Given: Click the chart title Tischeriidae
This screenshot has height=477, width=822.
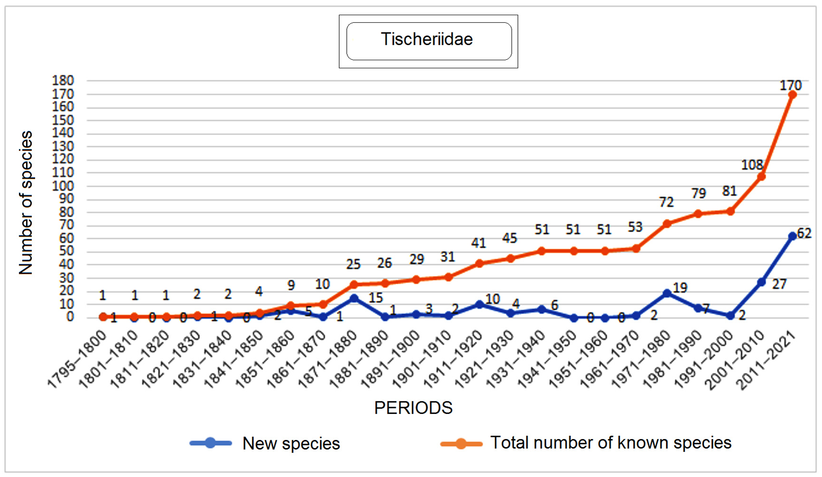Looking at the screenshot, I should [427, 39].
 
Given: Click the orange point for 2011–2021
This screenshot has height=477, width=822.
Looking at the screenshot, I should [792, 95].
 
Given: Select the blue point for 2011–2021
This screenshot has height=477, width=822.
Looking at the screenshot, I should [792, 236].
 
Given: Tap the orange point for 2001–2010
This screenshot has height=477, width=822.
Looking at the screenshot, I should [761, 177].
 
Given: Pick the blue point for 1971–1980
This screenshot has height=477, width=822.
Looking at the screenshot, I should [667, 293].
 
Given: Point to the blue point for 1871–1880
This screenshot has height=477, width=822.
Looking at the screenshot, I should [354, 298].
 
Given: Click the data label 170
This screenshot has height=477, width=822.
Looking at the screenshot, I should [790, 85].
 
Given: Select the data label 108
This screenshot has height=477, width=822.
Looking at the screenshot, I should [752, 165].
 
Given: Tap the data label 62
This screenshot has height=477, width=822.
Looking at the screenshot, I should [804, 233].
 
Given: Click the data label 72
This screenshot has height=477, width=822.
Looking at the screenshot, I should [666, 202].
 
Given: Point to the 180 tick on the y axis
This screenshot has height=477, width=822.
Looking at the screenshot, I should [63, 81].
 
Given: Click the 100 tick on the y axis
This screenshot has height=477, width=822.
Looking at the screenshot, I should [63, 186].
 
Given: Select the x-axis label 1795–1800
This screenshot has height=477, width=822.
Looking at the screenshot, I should [77, 360].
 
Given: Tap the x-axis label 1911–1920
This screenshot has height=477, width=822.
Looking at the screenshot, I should [452, 360].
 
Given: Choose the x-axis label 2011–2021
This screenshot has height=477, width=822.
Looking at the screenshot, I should [766, 360].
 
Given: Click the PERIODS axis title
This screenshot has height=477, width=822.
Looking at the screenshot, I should [413, 408].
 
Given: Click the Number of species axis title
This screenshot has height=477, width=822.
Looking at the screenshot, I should [26, 203].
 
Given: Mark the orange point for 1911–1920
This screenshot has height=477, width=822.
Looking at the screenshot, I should [479, 263].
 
